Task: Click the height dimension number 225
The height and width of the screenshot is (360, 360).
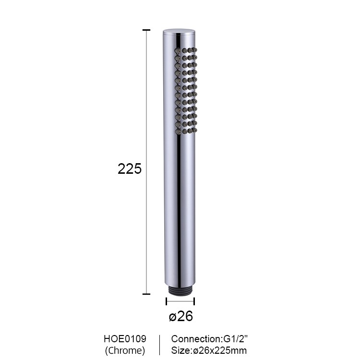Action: coord(130,169)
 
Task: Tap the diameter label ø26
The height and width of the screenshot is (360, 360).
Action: coord(180,317)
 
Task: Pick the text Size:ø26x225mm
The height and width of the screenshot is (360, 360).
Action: coord(209,350)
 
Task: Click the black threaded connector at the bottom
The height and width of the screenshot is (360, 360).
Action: coord(179,291)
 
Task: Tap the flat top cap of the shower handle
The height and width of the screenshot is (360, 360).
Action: coord(179,32)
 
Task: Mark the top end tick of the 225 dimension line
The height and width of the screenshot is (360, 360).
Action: coord(146,30)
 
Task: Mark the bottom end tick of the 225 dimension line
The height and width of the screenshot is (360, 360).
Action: coord(146,294)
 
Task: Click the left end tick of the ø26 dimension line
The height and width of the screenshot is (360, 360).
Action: coord(167,301)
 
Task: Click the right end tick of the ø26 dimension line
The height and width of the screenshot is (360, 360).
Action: coord(194,301)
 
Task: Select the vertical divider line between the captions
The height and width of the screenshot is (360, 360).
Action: coord(159,345)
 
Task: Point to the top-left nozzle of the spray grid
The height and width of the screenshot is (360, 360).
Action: coord(178,50)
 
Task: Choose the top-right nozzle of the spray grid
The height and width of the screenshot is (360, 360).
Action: coord(194,50)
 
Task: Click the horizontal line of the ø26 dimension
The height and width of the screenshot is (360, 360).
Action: coord(180,301)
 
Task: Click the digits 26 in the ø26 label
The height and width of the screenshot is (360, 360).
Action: coord(185,317)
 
